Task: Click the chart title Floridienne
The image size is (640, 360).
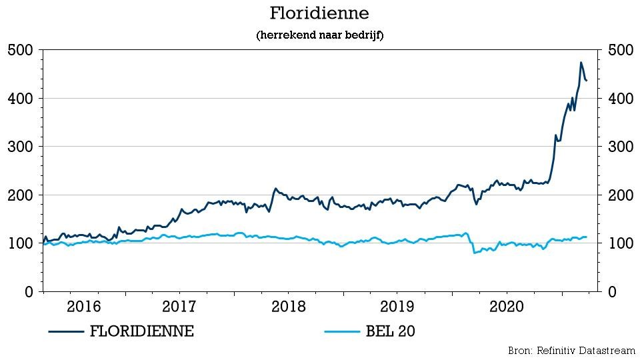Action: coord(319,13)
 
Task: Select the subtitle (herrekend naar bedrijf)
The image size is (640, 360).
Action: coord(319,35)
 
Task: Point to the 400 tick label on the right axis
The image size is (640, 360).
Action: coord(621,99)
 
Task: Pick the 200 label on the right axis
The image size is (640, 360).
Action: coord(621,195)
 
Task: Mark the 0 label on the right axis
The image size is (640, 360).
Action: coord(612,291)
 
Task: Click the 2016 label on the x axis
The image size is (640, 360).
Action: coord(84,306)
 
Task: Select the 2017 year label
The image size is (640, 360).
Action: coord(179,306)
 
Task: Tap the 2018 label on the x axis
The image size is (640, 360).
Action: coord(288,306)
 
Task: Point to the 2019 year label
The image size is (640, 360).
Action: coord(397,306)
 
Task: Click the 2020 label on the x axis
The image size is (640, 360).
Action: coord(506,306)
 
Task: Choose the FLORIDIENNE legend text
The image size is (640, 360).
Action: coord(141,331)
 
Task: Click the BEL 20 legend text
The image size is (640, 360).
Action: coord(390,331)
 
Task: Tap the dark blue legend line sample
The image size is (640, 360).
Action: coord(66,331)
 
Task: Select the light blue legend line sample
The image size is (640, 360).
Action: coord(342,331)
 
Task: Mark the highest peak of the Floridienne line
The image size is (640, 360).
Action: coord(581,63)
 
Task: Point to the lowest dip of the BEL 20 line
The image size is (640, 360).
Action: coord(474,253)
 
